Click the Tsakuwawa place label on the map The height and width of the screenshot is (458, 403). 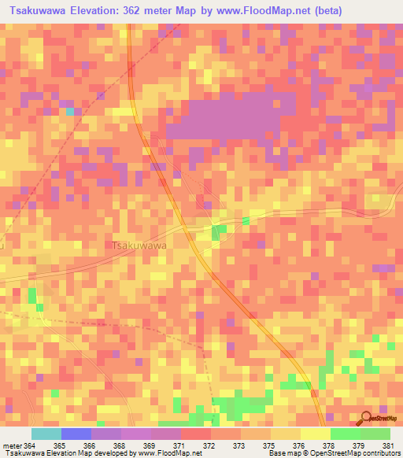[x=139, y=246]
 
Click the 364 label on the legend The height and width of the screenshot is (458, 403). [x=31, y=445]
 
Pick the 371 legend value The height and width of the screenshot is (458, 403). [x=180, y=445]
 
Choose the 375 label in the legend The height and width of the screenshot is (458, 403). [x=270, y=445]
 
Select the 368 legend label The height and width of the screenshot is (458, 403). [x=120, y=445]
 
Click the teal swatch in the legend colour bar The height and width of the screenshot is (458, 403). [x=46, y=434]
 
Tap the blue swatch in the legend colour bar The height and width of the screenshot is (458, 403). [x=76, y=434]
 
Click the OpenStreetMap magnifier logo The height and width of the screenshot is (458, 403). [x=367, y=419]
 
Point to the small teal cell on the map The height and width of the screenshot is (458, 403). [x=69, y=112]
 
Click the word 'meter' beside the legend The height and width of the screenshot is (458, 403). [x=12, y=445]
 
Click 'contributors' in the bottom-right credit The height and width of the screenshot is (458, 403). [x=378, y=453]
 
